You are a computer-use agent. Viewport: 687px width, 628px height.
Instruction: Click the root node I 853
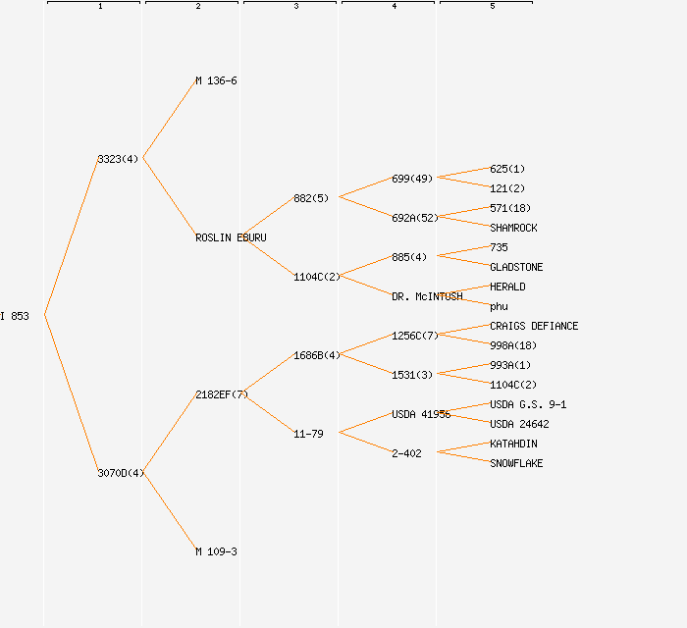point(15,316)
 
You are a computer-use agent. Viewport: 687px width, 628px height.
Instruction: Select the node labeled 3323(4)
point(118,159)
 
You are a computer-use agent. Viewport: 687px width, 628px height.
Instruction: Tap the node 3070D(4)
point(121,473)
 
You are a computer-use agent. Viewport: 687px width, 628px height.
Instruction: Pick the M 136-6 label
point(216,80)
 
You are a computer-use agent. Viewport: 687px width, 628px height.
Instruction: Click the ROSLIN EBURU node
point(231,237)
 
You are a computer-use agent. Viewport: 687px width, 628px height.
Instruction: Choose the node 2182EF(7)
point(221,394)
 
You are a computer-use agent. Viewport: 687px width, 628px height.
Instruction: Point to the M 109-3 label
point(216,551)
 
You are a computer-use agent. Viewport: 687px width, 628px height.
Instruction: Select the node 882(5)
point(311,198)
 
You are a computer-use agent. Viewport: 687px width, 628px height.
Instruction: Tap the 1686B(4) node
point(316,355)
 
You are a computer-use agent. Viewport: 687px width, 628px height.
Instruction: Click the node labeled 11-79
point(308,434)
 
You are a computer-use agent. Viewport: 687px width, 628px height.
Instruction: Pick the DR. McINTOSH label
point(427,296)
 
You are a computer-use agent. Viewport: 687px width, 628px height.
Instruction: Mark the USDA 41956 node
point(421,414)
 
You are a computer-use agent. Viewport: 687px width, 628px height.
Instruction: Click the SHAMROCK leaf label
point(513,228)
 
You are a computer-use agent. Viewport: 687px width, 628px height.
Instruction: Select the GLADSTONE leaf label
point(516,267)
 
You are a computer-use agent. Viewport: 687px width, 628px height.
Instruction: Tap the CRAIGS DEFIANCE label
point(534,326)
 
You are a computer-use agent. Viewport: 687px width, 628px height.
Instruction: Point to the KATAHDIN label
point(513,444)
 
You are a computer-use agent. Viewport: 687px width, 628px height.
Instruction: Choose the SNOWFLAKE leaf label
point(516,463)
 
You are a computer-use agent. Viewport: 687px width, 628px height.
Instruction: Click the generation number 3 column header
point(295,7)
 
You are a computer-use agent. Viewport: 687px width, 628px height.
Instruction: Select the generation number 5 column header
point(492,7)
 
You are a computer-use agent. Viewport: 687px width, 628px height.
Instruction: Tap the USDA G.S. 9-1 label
point(528,404)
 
